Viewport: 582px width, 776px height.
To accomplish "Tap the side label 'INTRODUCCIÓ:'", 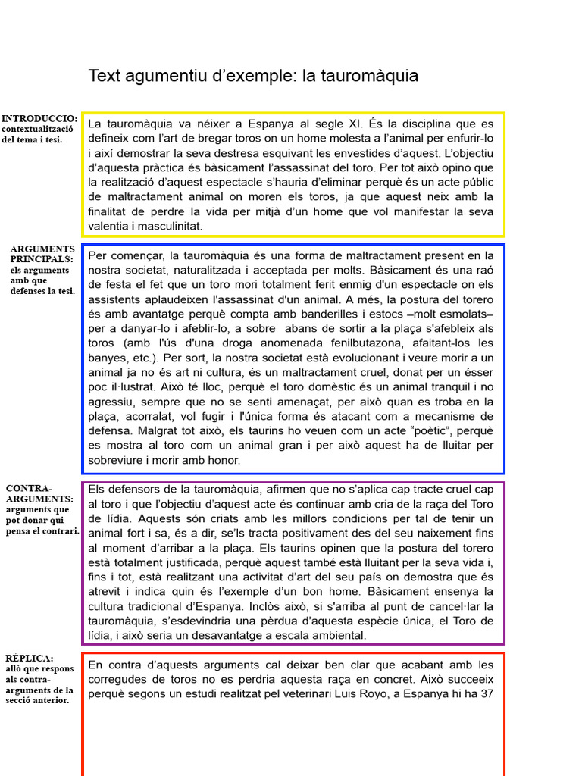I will pos(39,119).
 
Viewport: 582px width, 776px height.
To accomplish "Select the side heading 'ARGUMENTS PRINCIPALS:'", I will pos(42,254).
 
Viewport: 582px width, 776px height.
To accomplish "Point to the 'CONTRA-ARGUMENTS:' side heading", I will pos(39,493).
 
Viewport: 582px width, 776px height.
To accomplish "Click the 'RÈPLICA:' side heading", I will pos(29,658).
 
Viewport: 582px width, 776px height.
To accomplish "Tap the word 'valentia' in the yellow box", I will pos(111,226).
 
